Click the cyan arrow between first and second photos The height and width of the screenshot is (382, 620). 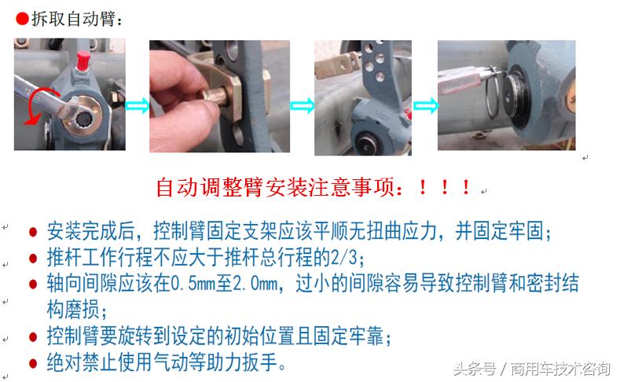136,105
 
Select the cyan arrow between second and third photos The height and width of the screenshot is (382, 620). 302,105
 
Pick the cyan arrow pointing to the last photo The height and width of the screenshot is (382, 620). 425,105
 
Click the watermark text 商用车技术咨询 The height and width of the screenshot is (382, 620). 561,369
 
